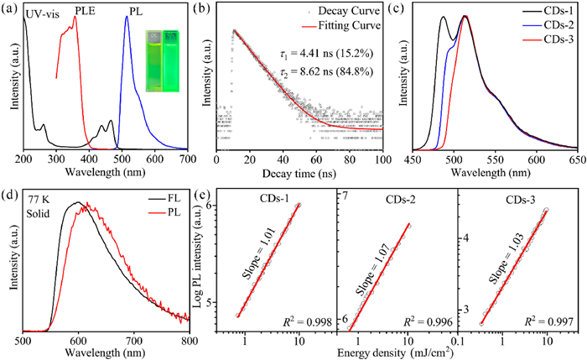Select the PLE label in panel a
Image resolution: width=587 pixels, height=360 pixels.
pyautogui.click(x=87, y=11)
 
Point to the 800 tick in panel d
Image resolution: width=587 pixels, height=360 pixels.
pyautogui.click(x=190, y=342)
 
